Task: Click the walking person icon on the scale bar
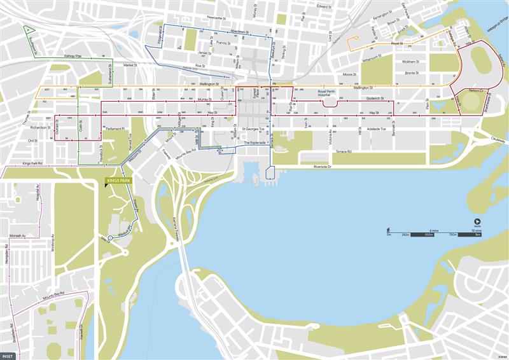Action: tap(388, 230)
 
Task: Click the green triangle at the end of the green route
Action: tap(28, 29)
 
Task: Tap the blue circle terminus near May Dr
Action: tap(110, 239)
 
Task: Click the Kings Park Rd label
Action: tap(32, 163)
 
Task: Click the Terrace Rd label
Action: tap(344, 152)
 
